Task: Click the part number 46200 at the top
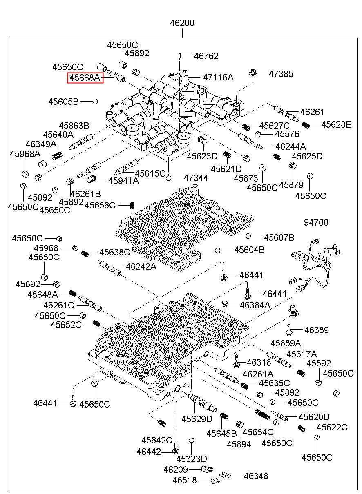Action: (x=182, y=23)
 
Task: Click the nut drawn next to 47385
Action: (x=252, y=74)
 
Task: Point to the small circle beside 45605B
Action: (x=95, y=101)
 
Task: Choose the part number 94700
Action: (x=316, y=222)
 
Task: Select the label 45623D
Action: (x=202, y=156)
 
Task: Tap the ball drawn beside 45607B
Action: (x=248, y=236)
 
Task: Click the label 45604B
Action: (x=249, y=250)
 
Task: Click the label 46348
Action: (x=256, y=476)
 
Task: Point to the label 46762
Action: (x=206, y=56)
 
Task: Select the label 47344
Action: (x=196, y=178)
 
